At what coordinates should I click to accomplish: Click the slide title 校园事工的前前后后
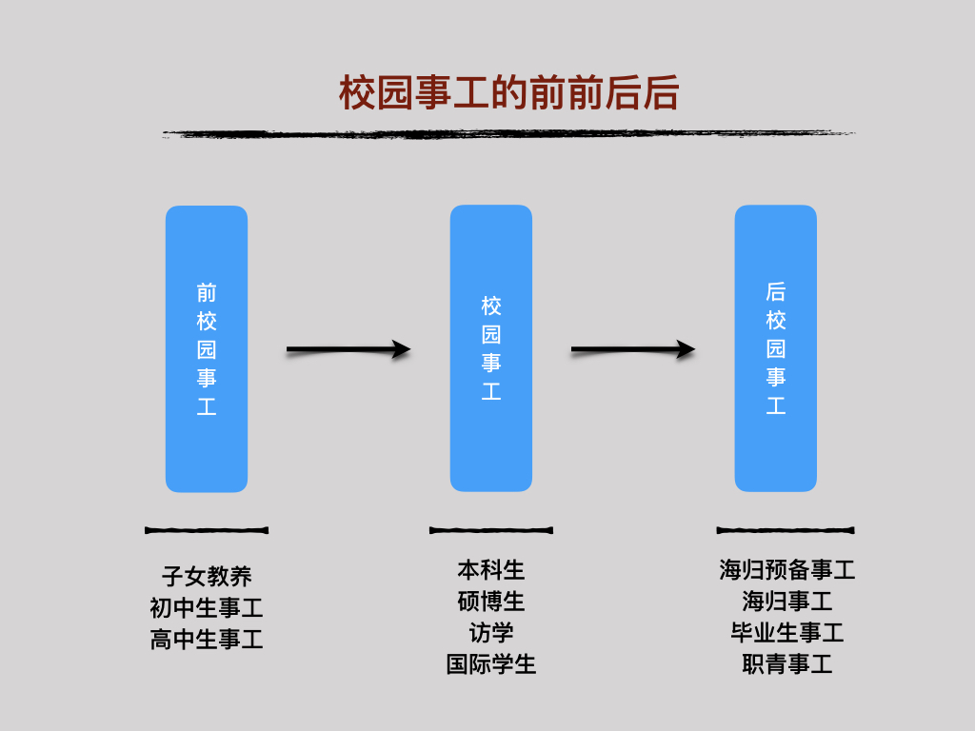pos(508,93)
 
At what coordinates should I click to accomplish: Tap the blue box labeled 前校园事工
pos(207,348)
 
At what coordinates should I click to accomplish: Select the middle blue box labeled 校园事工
pos(491,348)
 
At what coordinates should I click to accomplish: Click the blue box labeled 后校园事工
pos(775,348)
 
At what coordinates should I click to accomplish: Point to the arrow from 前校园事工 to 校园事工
pos(348,349)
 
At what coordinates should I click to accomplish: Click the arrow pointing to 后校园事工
pos(633,349)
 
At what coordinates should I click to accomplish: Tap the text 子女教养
pos(207,576)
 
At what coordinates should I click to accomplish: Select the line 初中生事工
pos(207,608)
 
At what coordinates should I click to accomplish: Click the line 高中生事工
pos(207,639)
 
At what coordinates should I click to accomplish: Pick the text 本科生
pos(491,570)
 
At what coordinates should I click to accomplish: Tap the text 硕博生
pos(491,602)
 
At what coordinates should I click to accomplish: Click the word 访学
pos(491,633)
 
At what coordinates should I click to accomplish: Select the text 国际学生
pos(491,663)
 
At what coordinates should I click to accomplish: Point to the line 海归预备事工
pos(787,570)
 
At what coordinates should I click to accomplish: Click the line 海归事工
pos(787,602)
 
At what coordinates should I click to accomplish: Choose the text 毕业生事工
pos(787,633)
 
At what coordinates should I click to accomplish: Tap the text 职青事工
pos(787,663)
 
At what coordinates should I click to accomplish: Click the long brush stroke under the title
pos(508,133)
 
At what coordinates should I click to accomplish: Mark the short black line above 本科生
pos(491,530)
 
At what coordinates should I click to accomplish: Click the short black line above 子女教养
pos(207,530)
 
